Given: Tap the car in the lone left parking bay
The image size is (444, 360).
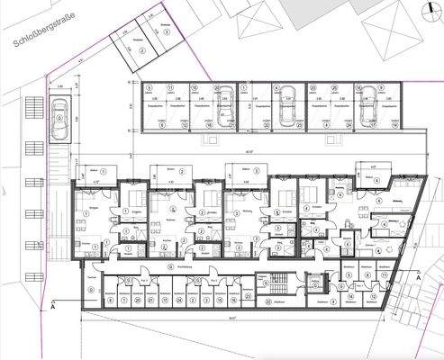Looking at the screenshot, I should [59, 117].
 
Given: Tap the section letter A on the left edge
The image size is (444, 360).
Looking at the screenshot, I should [56, 307].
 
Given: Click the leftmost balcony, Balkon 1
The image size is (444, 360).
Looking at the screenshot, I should [95, 171].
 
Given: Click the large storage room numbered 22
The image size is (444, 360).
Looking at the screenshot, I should [272, 305].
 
